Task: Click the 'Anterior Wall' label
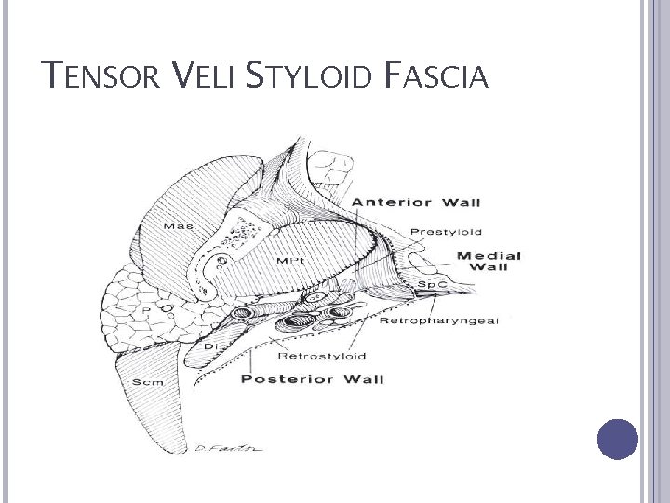pyautogui.click(x=422, y=202)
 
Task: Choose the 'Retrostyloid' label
pyautogui.click(x=322, y=355)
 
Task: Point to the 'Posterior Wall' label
pyautogui.click(x=312, y=379)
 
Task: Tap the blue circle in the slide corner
pyautogui.click(x=616, y=439)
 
